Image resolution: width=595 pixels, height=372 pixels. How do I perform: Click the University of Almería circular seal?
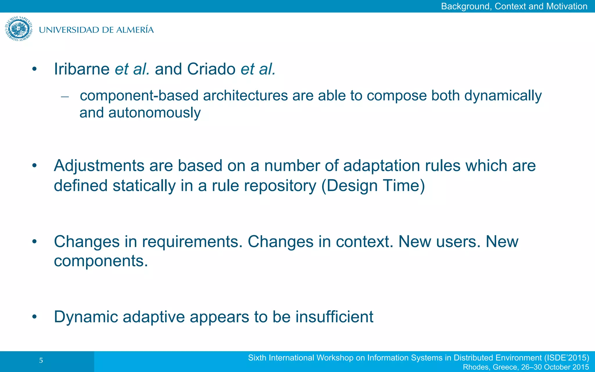pyautogui.click(x=19, y=29)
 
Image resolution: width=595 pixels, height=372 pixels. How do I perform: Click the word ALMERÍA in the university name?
pyautogui.click(x=135, y=30)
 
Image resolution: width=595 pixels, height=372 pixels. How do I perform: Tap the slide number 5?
pyautogui.click(x=41, y=361)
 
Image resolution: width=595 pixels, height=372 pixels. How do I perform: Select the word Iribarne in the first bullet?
pyautogui.click(x=82, y=69)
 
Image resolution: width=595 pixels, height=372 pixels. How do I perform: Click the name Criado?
pyautogui.click(x=211, y=69)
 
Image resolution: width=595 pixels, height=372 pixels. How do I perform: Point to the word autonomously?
pyautogui.click(x=154, y=113)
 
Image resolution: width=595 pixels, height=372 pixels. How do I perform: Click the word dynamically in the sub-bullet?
pyautogui.click(x=503, y=96)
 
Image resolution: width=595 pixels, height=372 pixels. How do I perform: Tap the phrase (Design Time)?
pyautogui.click(x=373, y=185)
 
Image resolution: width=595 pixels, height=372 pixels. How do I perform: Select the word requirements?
pyautogui.click(x=192, y=242)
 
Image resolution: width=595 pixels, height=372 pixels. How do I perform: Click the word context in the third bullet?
pyautogui.click(x=364, y=242)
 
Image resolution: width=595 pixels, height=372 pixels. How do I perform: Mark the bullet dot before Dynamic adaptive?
pyautogui.click(x=35, y=317)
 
